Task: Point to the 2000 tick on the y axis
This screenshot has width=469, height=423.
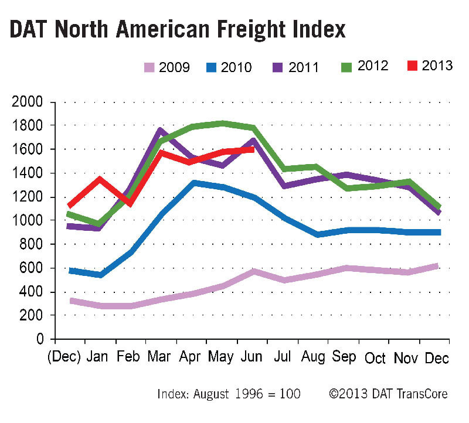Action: (x=28, y=102)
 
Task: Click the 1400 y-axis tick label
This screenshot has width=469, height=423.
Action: (x=28, y=173)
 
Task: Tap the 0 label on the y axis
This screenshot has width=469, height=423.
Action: (x=40, y=340)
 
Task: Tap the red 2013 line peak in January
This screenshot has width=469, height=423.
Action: (x=100, y=178)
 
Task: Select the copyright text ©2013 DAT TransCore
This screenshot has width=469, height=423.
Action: (x=388, y=394)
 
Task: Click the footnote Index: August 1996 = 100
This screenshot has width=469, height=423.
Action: (x=229, y=394)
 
